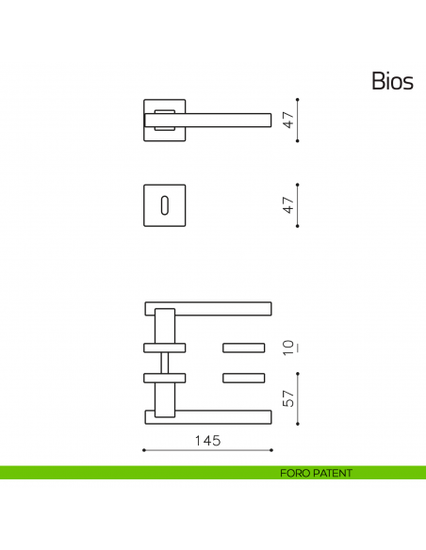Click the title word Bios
click(392, 82)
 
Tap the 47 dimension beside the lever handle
click(289, 120)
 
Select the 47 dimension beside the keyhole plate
click(289, 204)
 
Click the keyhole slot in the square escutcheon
click(165, 204)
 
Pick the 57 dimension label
click(289, 399)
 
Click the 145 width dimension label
click(206, 441)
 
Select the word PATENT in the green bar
click(334, 474)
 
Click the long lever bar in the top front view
click(226, 118)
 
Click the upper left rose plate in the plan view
click(165, 348)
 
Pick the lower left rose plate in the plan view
click(165, 378)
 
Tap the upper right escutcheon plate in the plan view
click(243, 348)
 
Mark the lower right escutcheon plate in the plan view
click(243, 378)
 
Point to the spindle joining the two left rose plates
click(165, 363)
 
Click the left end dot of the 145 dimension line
click(143, 451)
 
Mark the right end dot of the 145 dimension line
click(272, 451)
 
